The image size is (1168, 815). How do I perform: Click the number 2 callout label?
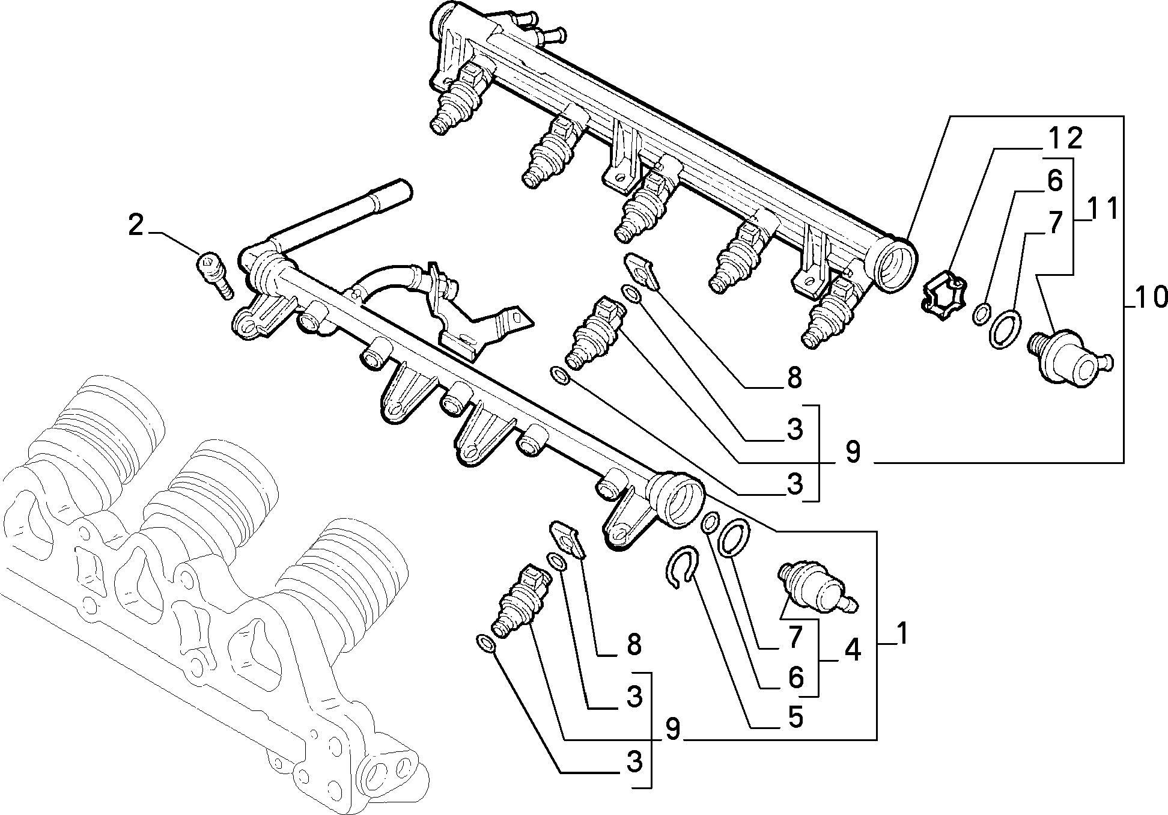click(136, 226)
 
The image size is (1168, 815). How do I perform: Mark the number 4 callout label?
click(852, 651)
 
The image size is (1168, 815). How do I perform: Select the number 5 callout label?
click(795, 717)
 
